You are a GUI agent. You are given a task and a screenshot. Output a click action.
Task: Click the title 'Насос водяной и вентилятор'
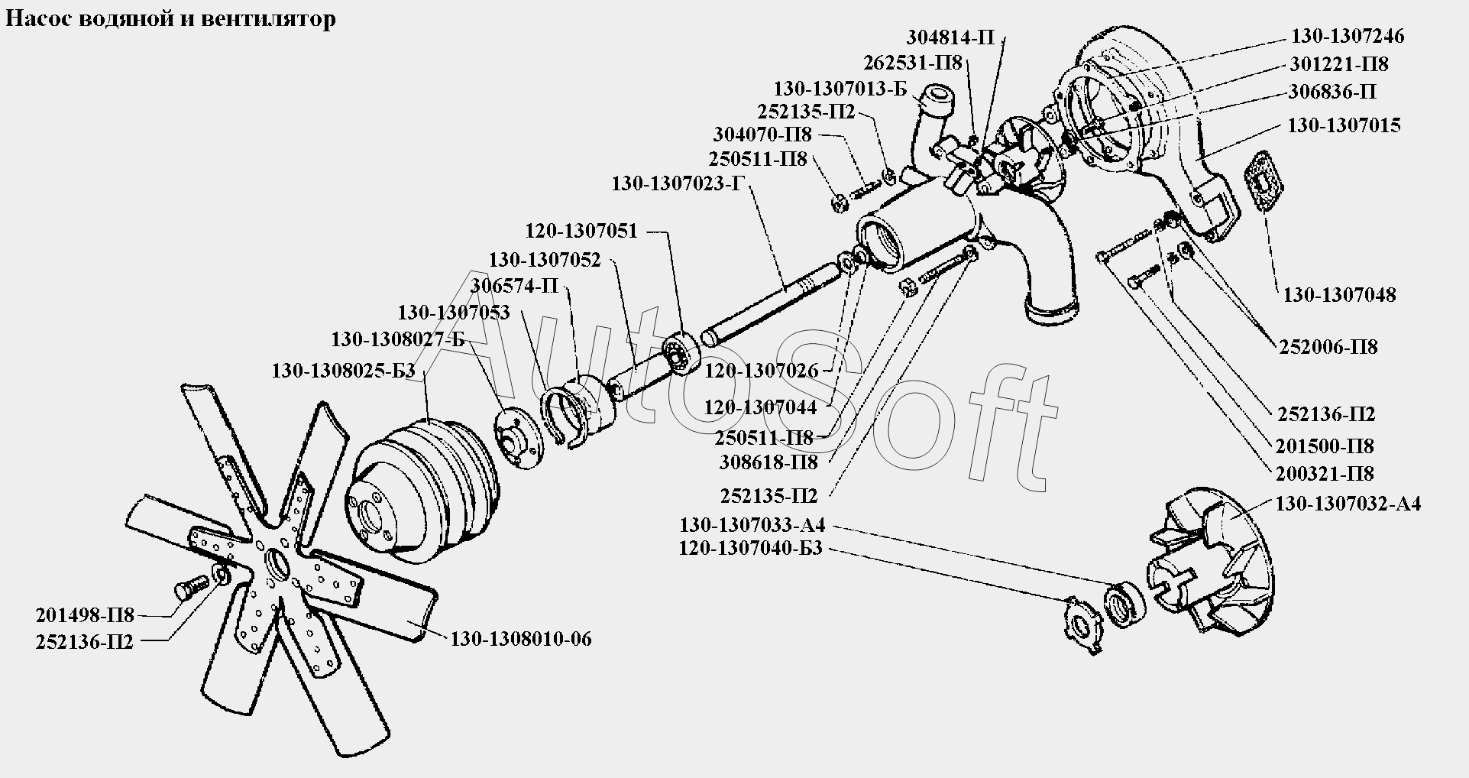[170, 18]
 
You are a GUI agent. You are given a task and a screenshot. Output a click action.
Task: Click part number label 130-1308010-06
[520, 639]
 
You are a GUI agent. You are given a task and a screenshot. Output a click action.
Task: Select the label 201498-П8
[85, 615]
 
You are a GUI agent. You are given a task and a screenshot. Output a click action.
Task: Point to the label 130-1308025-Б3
[343, 371]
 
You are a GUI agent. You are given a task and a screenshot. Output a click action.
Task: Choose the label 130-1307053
[453, 312]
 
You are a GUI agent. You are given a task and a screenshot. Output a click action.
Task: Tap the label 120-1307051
[581, 231]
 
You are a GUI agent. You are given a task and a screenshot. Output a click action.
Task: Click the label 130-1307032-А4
[1348, 504]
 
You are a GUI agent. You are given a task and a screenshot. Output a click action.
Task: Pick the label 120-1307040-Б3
[749, 549]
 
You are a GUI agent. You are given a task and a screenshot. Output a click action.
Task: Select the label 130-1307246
[1348, 36]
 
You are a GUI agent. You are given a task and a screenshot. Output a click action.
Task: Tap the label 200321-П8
[1324, 473]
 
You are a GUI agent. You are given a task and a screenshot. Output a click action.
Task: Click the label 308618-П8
[768, 462]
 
